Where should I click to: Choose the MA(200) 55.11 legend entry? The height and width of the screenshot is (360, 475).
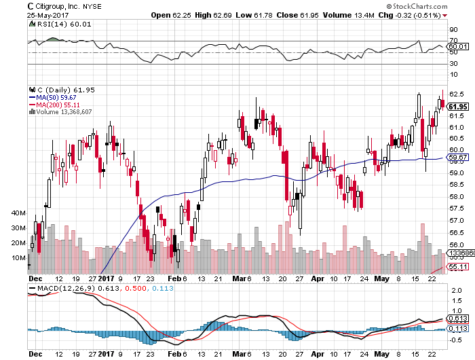pos(53,104)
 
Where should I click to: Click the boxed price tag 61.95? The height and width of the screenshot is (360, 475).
pos(458,106)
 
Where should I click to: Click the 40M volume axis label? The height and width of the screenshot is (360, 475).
pos(18,213)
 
